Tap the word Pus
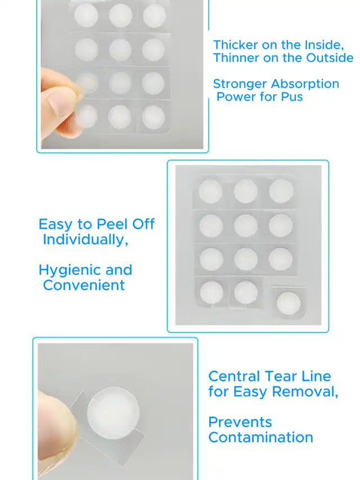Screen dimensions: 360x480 292,97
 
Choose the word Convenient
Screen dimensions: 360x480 84,285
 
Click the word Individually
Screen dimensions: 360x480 85,240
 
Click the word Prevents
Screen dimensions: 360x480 240,422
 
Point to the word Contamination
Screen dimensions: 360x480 261,437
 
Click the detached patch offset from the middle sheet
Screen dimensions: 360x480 289,303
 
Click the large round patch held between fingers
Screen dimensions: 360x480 113,413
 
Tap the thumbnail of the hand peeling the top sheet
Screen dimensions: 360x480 122,74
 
